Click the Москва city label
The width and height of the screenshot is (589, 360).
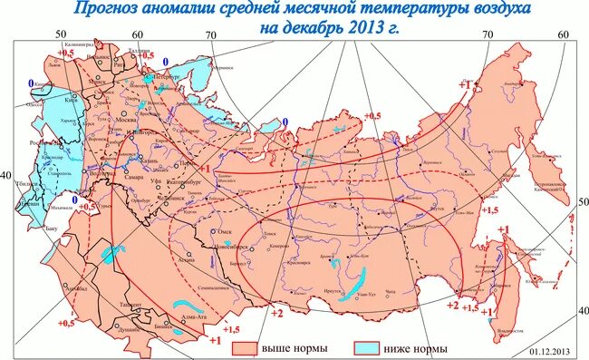(x=125, y=119)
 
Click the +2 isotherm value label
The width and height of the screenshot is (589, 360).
(x=277, y=313)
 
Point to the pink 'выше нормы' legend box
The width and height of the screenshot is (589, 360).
(x=244, y=347)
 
